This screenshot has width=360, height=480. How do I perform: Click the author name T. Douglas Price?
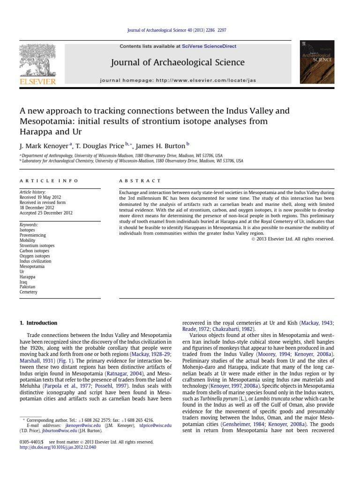98,146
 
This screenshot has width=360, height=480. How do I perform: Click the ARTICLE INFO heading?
49,180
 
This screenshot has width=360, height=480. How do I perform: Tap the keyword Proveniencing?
33,235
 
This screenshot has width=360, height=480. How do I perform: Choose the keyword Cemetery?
28,292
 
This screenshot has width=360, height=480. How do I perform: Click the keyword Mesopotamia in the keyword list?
32,266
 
